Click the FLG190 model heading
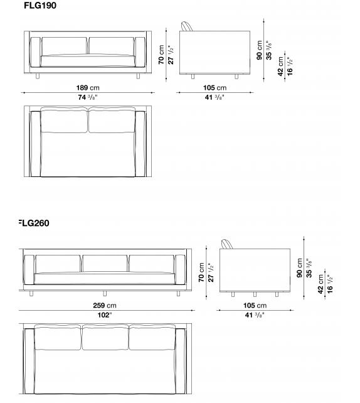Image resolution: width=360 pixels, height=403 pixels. pyautogui.click(x=41, y=6)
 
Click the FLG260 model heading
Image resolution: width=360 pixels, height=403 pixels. pyautogui.click(x=34, y=223)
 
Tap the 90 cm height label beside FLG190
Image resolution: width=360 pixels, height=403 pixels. pyautogui.click(x=260, y=46)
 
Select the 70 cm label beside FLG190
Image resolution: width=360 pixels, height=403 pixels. pyautogui.click(x=161, y=55)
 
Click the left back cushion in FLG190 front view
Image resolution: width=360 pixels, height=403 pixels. pyautogui.click(x=64, y=46)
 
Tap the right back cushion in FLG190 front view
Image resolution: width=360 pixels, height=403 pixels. pyautogui.click(x=112, y=46)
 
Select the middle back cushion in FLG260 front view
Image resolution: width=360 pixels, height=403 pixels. pyautogui.click(x=105, y=263)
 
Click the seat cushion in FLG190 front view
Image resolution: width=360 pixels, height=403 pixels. pyautogui.click(x=88, y=61)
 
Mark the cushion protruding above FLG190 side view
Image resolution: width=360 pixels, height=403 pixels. pyautogui.click(x=187, y=26)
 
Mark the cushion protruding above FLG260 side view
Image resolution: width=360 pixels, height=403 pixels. pyautogui.click(x=228, y=244)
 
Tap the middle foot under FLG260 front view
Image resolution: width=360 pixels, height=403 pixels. pyautogui.click(x=105, y=293)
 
